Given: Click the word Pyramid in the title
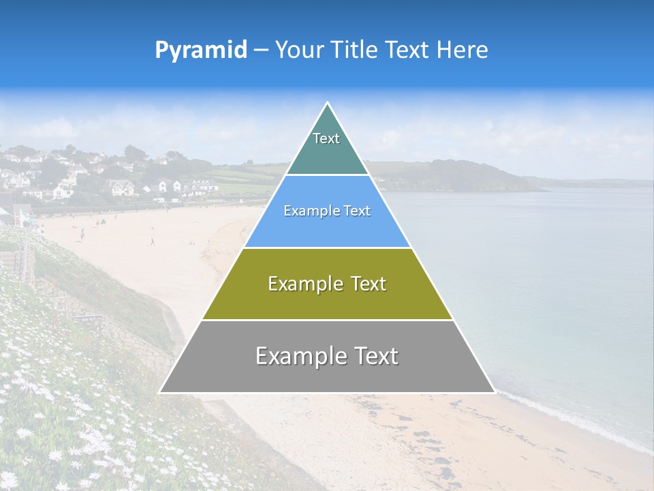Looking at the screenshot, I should [201, 50].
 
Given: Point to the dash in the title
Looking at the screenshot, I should [260, 50].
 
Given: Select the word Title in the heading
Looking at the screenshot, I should [357, 50].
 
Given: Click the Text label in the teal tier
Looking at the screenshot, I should [326, 138].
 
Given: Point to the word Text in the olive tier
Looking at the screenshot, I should [369, 284].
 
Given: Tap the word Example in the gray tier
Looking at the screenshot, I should [300, 356].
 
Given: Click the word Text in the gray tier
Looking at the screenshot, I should [375, 356].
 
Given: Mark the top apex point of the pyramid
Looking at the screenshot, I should [327, 103].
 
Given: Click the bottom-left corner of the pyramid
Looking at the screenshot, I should [160, 392].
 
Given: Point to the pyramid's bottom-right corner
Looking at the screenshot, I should [494, 392].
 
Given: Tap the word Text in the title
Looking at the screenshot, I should [409, 50].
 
